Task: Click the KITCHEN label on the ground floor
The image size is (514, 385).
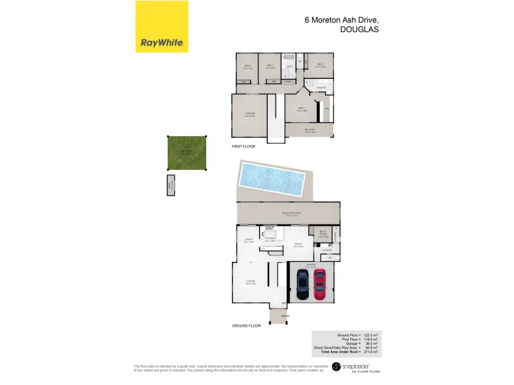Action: [270, 238]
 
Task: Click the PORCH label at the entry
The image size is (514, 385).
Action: [285, 315]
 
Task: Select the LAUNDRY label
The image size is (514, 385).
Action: [326, 250]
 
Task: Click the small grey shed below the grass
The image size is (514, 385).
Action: [171, 185]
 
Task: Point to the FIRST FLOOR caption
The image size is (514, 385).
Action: [244, 147]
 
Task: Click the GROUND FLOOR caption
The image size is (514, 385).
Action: [246, 326]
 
